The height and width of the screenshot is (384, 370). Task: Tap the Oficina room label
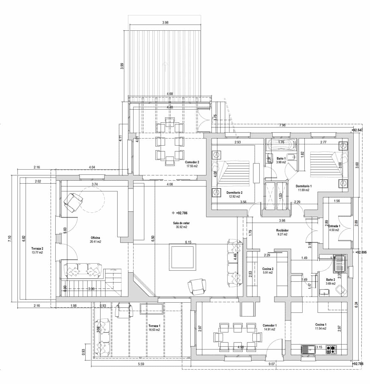[x=96, y=238]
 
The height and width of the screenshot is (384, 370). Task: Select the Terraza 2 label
[x=37, y=249]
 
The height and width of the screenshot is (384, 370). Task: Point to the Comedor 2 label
[x=192, y=162]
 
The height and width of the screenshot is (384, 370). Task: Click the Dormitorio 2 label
[x=235, y=193]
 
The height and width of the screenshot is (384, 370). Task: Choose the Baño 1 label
[x=281, y=158]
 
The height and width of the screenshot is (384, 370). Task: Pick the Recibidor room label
[x=282, y=230]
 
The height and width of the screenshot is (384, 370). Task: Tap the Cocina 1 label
[x=320, y=324]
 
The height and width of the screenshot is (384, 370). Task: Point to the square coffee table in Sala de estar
[x=182, y=256]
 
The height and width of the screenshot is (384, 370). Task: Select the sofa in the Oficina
[x=83, y=270]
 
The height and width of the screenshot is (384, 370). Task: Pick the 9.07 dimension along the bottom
[x=271, y=364]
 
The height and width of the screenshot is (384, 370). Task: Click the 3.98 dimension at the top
[x=165, y=22]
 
